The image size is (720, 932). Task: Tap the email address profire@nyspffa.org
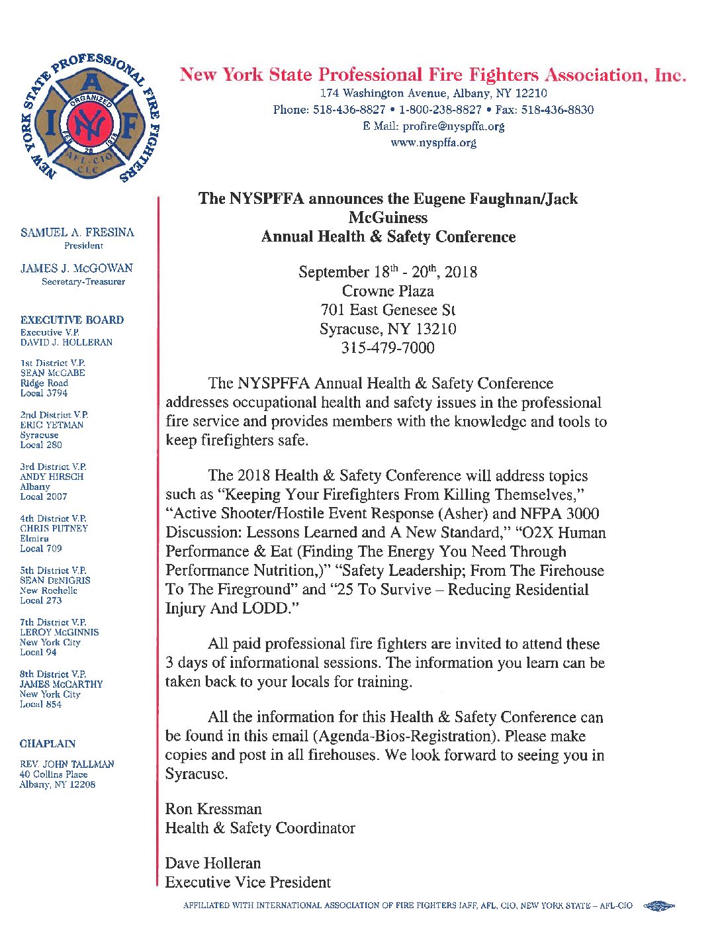[453, 126]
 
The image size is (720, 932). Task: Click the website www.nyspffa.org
[433, 142]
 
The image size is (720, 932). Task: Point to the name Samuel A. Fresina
[77, 232]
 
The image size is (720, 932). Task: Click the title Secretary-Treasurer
[83, 282]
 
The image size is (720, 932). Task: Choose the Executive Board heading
[72, 320]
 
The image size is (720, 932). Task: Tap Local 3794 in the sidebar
[44, 393]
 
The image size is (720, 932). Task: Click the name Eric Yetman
[52, 425]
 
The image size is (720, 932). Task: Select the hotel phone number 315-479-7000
[388, 348]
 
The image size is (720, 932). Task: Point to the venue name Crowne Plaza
[388, 291]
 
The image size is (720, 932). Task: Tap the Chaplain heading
[48, 743]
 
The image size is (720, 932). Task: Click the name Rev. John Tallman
[67, 764]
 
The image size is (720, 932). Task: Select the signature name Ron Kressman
[213, 809]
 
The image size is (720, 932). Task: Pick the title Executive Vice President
[247, 882]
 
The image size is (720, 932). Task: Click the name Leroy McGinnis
[59, 632]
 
